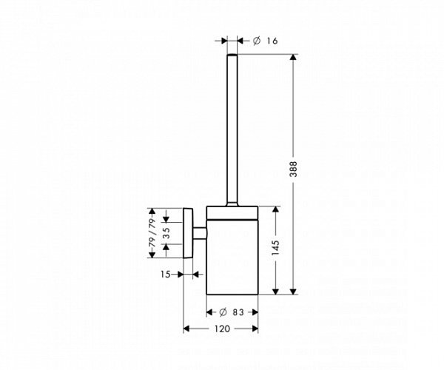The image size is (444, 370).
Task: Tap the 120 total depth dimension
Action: click(221, 327)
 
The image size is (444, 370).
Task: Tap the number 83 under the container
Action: click(238, 312)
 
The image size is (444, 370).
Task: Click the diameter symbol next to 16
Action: click(255, 41)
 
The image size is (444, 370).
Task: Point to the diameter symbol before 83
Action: click(222, 312)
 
